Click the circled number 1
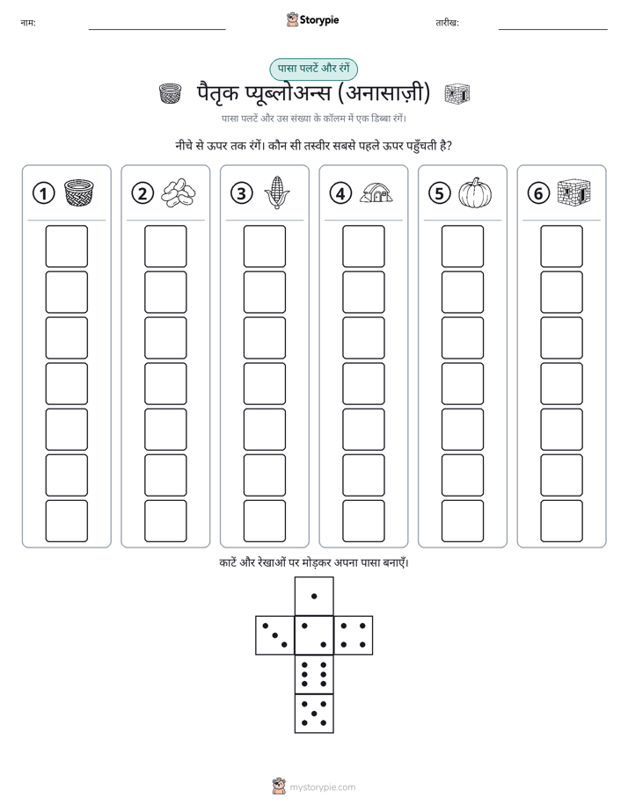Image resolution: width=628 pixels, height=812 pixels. [x=43, y=193]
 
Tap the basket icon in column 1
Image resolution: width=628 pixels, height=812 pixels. [x=79, y=192]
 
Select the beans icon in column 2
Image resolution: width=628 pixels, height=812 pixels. [x=179, y=193]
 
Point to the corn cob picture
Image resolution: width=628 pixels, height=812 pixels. [x=277, y=192]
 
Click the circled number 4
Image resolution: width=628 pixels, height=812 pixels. [x=340, y=193]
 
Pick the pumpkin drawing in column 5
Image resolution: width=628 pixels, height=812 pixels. [x=475, y=192]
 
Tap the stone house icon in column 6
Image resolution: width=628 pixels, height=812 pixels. [x=574, y=192]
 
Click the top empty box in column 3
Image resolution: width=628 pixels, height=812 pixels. [x=264, y=246]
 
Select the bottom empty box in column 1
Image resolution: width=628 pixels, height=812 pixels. [x=66, y=521]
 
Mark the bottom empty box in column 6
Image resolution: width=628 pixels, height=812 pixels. [x=561, y=521]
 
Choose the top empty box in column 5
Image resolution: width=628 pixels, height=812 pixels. [x=462, y=246]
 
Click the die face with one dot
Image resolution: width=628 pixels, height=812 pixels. [x=314, y=596]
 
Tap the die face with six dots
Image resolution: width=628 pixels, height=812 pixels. [x=314, y=674]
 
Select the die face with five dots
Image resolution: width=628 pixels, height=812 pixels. [x=314, y=714]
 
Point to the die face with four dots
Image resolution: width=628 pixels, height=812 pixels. [x=354, y=635]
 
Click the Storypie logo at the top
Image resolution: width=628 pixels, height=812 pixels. [x=312, y=20]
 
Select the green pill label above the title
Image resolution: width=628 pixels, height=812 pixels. [x=313, y=69]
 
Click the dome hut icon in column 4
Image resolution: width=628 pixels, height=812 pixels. [x=376, y=192]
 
